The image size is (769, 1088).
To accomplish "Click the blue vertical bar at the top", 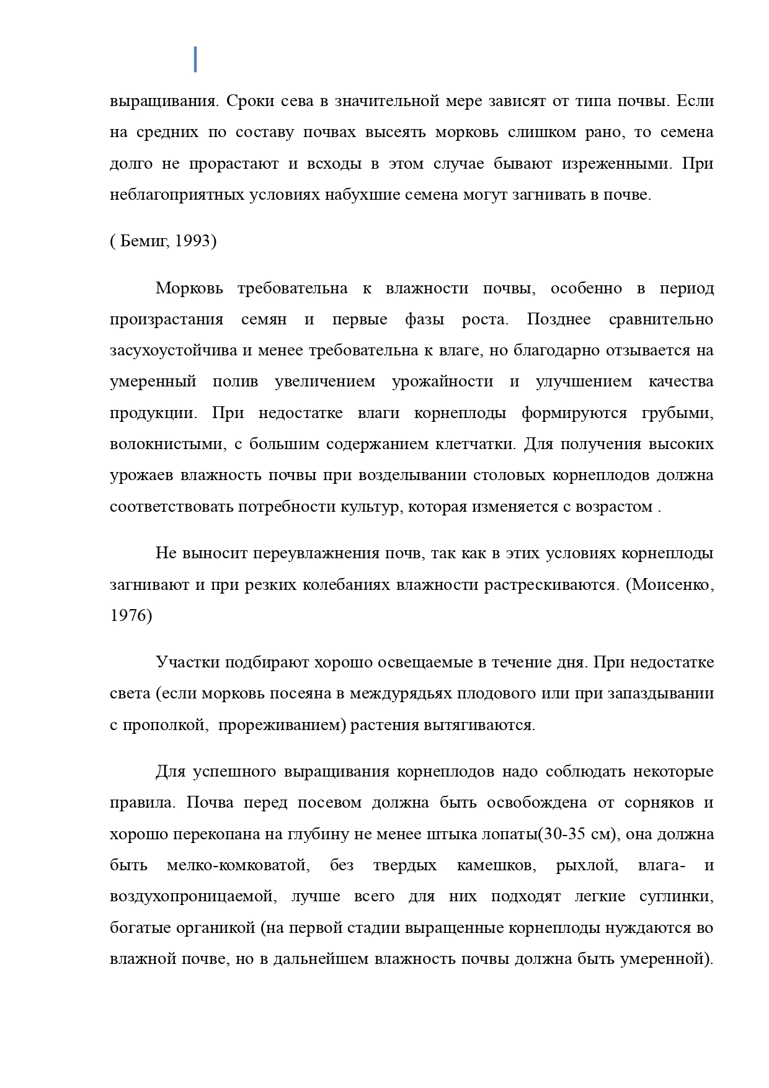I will [195, 59].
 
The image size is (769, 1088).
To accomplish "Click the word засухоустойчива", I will [173, 350].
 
